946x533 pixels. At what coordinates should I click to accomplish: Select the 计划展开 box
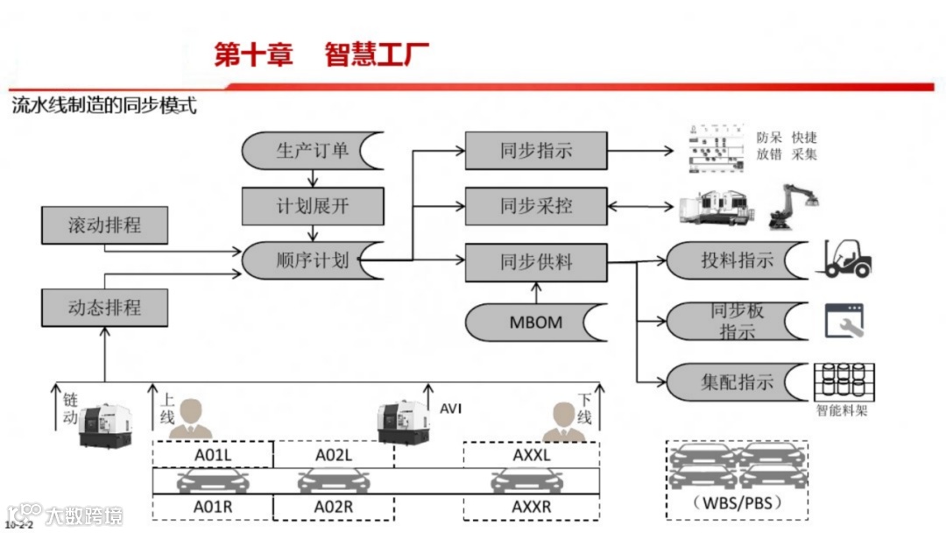click(313, 206)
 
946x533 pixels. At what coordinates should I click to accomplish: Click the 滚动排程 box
click(104, 225)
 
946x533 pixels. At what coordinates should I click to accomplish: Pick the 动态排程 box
click(104, 308)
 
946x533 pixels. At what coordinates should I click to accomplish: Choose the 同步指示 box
click(536, 151)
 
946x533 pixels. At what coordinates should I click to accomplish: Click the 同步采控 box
click(536, 206)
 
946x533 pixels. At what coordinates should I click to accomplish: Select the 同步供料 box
click(536, 262)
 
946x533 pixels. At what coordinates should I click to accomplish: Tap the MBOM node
click(536, 322)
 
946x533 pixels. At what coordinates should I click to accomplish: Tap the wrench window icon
click(843, 322)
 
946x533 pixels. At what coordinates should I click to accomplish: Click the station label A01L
click(213, 455)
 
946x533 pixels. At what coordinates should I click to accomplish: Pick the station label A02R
click(334, 507)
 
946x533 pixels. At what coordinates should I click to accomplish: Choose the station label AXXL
click(532, 455)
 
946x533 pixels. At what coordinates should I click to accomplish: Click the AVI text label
click(450, 409)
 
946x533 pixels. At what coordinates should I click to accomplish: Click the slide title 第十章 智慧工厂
click(322, 55)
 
